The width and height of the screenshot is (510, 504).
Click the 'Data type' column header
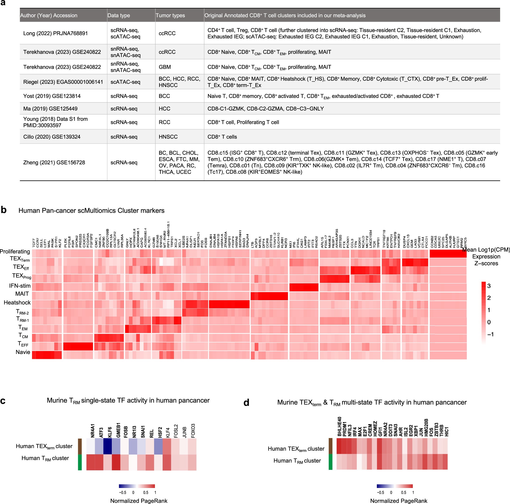click(x=119, y=15)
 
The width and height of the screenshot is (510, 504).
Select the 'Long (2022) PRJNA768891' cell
click(x=56, y=33)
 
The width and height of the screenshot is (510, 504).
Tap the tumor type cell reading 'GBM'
click(x=165, y=67)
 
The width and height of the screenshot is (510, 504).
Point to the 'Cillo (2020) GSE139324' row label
click(x=52, y=137)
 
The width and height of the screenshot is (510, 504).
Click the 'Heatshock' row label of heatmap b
click(x=17, y=302)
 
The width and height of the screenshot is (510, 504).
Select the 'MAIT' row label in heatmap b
click(x=22, y=294)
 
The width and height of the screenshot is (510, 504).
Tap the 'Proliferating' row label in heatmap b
click(x=15, y=252)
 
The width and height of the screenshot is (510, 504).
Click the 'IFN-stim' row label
click(x=20, y=285)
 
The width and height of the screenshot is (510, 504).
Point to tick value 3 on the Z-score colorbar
click(x=489, y=286)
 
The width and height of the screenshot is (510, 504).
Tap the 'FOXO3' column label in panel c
click(x=193, y=431)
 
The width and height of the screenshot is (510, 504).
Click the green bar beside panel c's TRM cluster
click(x=80, y=462)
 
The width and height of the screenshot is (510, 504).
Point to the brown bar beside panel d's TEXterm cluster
click(x=330, y=446)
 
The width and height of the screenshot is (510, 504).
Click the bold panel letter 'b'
click(x=4, y=210)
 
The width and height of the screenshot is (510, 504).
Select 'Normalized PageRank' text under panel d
click(x=399, y=501)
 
